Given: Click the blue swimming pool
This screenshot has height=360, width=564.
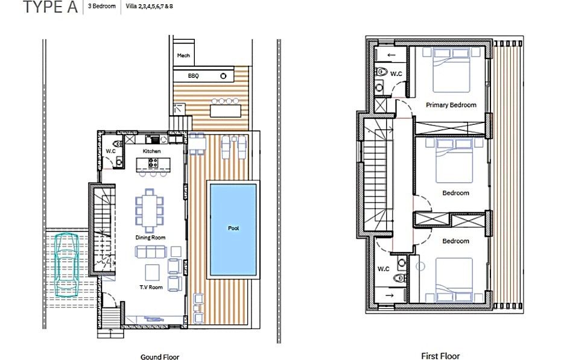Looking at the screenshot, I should pos(233,230).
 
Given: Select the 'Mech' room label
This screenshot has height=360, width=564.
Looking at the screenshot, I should pos(183,55).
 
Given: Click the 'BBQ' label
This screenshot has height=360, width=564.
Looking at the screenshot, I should pos(193,76).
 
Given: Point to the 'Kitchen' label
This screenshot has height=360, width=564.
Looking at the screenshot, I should pos(151,151).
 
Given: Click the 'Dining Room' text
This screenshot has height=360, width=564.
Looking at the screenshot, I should pos(150,238).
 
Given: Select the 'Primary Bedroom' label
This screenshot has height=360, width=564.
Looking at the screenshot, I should pos(451,105).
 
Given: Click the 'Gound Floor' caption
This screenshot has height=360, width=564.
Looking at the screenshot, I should pos(160,357).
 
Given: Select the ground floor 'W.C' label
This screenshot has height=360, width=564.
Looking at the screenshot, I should pos(110,151).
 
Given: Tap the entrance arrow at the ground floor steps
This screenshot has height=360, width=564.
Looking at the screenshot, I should pos(109,331).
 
